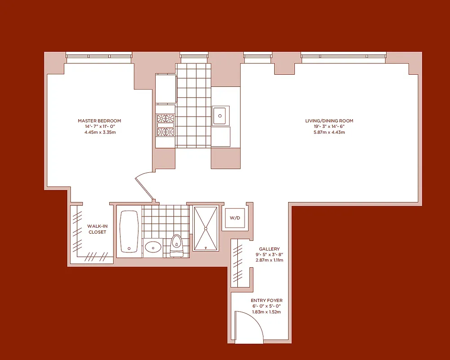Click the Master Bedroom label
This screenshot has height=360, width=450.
(x=99, y=121)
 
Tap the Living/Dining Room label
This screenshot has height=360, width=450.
(x=329, y=121)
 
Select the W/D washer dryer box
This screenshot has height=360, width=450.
(x=235, y=218)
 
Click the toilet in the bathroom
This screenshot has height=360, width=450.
(x=177, y=245)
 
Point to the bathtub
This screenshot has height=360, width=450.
(x=129, y=231)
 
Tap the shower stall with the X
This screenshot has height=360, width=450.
(x=206, y=228)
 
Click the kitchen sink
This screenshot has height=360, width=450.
(x=220, y=115)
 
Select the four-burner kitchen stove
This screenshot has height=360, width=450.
(x=165, y=125)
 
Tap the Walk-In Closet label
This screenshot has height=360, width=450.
(x=97, y=229)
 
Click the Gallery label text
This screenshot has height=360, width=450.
(x=269, y=249)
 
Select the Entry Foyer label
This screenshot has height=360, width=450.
(x=267, y=300)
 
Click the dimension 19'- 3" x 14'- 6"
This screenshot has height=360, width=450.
(x=329, y=126)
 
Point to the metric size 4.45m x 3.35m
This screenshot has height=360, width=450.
(x=99, y=132)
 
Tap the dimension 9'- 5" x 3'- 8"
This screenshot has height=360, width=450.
(x=269, y=255)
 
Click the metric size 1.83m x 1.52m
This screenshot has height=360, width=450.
(x=267, y=312)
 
